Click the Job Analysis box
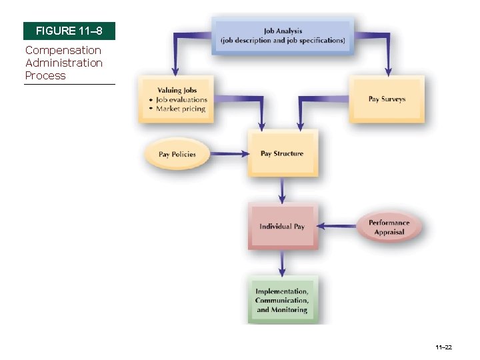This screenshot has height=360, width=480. [x=283, y=35]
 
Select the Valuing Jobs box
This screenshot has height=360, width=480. [x=176, y=99]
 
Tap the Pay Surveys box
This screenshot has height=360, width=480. [x=387, y=99]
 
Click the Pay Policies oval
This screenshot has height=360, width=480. [x=177, y=154]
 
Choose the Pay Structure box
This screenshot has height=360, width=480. [x=282, y=153]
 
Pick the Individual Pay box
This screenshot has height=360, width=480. [x=282, y=226]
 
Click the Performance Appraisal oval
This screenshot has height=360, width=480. [x=389, y=227]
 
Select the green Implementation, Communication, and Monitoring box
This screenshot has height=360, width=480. [x=282, y=301]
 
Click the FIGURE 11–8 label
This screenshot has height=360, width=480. [x=69, y=31]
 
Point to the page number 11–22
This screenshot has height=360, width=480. [x=443, y=347]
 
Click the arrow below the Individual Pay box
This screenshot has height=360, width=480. [x=282, y=263]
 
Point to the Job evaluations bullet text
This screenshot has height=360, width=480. [x=181, y=99]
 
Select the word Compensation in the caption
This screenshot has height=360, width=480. [x=63, y=50]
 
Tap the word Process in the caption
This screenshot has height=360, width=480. [x=45, y=75]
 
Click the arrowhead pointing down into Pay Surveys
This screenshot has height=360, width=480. [x=388, y=71]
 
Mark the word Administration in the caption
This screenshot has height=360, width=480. [x=64, y=63]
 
